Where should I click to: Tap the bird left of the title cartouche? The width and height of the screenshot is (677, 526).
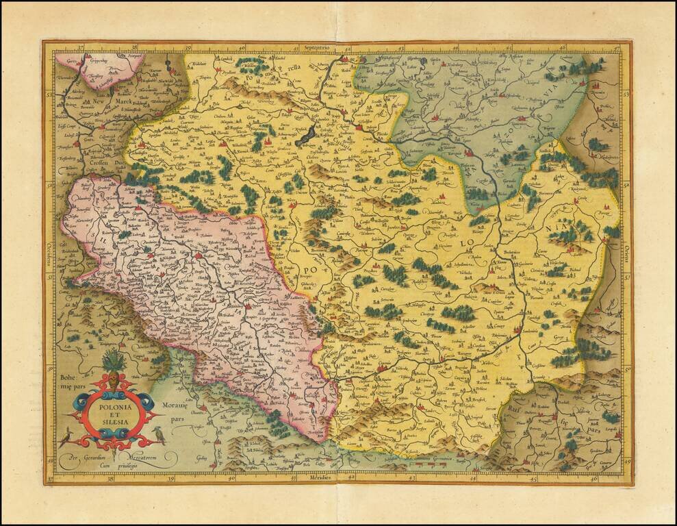tap(66, 436)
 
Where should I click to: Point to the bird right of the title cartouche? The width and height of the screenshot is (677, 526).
tap(159, 434)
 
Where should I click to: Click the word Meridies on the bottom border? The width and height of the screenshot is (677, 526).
tap(319, 477)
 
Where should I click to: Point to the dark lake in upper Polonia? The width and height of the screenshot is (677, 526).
tap(307, 134)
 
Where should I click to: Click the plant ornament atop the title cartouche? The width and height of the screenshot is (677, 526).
tap(112, 362)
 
